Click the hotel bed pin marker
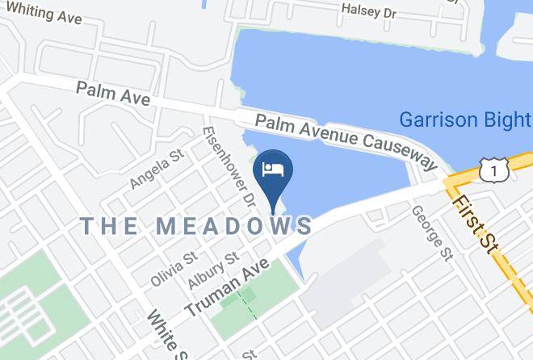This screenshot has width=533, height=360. (x=273, y=170)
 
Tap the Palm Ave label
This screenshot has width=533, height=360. (x=113, y=93)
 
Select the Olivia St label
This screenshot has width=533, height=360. (x=174, y=269)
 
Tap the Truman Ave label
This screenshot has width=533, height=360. (x=227, y=287)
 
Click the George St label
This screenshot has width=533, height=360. (x=431, y=232)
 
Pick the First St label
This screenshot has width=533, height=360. (x=475, y=224)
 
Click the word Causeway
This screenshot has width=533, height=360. (x=397, y=151)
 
